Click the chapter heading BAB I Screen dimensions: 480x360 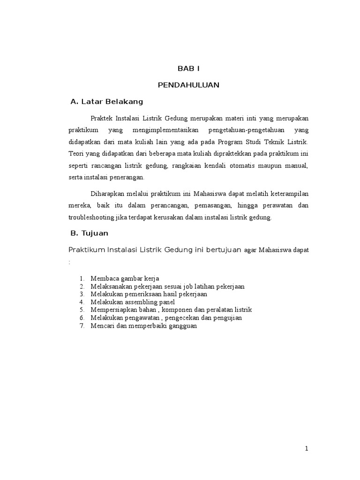pyautogui.click(x=188, y=69)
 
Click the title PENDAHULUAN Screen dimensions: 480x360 pyautogui.click(x=188, y=85)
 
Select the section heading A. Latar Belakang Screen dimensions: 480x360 pyautogui.click(x=106, y=101)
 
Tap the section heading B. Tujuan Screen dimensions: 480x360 pyautogui.click(x=89, y=233)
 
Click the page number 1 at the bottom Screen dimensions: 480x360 pyautogui.click(x=307, y=448)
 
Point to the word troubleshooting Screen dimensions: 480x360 pyautogui.click(x=92, y=217)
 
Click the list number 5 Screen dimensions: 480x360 pyautogui.click(x=82, y=310)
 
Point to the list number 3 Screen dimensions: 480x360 pyautogui.click(x=82, y=294)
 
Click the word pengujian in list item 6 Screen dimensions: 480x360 pyautogui.click(x=227, y=318)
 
